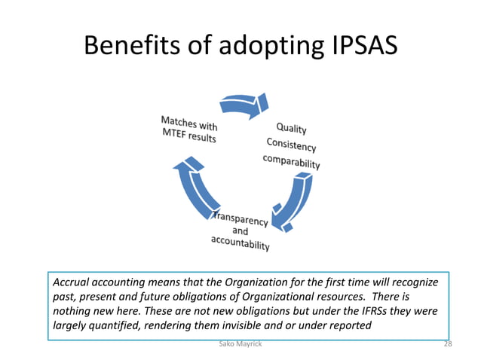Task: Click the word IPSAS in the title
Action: pos(355,46)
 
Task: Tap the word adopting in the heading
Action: pos(259,47)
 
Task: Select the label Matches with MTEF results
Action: pos(189,130)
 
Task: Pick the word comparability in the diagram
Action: pos(291,160)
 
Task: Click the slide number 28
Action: pos(447,344)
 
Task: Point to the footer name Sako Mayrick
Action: pos(240,344)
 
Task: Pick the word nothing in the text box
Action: pos(72,313)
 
